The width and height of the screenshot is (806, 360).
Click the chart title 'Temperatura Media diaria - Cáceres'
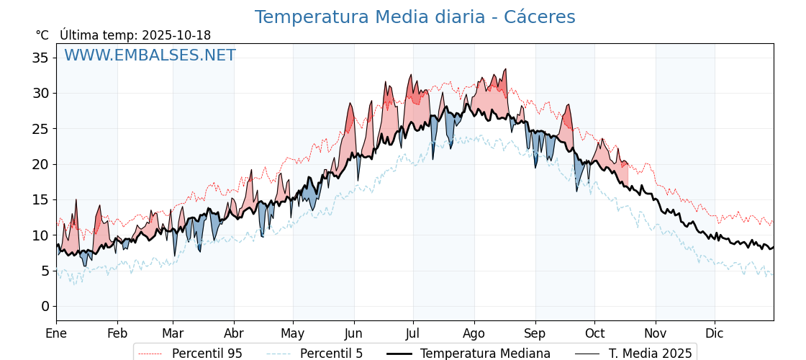click(x=415, y=17)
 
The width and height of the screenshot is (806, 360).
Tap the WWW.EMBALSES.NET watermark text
click(x=150, y=55)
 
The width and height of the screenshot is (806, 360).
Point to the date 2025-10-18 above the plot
click(x=176, y=35)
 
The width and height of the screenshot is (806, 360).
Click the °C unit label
click(x=42, y=35)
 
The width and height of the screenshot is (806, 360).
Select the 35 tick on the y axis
click(x=41, y=58)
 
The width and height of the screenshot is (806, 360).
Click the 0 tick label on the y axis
click(x=45, y=307)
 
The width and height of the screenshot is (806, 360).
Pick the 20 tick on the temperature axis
click(x=41, y=164)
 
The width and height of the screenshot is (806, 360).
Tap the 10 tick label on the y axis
click(x=41, y=235)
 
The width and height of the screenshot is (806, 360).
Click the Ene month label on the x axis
click(x=56, y=334)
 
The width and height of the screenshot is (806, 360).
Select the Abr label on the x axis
click(x=234, y=334)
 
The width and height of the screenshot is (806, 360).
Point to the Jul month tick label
click(x=413, y=334)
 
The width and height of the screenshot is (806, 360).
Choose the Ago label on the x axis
click(x=474, y=334)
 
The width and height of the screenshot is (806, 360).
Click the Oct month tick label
click(x=594, y=334)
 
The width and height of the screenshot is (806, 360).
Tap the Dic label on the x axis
click(x=715, y=334)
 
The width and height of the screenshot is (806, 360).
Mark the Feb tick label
click(x=117, y=334)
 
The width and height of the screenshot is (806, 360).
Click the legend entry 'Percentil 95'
click(x=207, y=354)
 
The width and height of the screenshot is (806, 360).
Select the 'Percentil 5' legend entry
click(x=331, y=354)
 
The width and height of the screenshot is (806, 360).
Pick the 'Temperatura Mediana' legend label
click(x=485, y=354)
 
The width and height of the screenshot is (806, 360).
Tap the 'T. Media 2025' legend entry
click(x=650, y=354)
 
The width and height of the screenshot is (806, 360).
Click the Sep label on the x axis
click(x=535, y=334)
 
